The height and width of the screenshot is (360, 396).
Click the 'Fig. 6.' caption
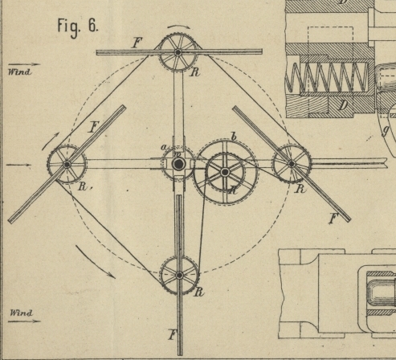pyautogui.click(x=78, y=27)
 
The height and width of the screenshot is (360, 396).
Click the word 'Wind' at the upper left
pyautogui.click(x=19, y=72)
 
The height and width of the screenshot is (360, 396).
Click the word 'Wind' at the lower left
pyautogui.click(x=21, y=313)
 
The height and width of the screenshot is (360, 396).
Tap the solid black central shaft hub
pyautogui.click(x=178, y=164)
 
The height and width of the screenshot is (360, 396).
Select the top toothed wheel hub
pyautogui.click(x=178, y=52)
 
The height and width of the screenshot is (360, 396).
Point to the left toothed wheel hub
pyautogui.click(x=67, y=164)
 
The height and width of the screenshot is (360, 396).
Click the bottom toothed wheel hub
pyautogui.click(x=179, y=275)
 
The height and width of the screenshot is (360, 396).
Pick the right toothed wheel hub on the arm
pyautogui.click(x=292, y=164)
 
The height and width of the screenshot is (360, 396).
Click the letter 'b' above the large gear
pyautogui.click(x=234, y=137)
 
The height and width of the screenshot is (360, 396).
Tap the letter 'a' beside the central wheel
pyautogui.click(x=164, y=147)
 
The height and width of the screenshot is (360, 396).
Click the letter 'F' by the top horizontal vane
pyautogui.click(x=137, y=43)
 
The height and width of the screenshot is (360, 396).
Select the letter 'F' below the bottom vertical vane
pyautogui.click(x=174, y=335)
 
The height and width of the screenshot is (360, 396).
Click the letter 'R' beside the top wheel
pyautogui.click(x=195, y=72)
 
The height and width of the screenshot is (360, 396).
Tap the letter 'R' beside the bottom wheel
pyautogui.click(x=198, y=292)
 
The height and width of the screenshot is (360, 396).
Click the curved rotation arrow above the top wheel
pyautogui.click(x=179, y=26)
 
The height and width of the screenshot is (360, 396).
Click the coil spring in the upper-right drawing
pyautogui.click(x=327, y=77)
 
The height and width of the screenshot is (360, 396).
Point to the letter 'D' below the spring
pyautogui.click(x=343, y=105)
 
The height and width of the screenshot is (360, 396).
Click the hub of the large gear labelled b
pyautogui.click(x=225, y=172)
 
